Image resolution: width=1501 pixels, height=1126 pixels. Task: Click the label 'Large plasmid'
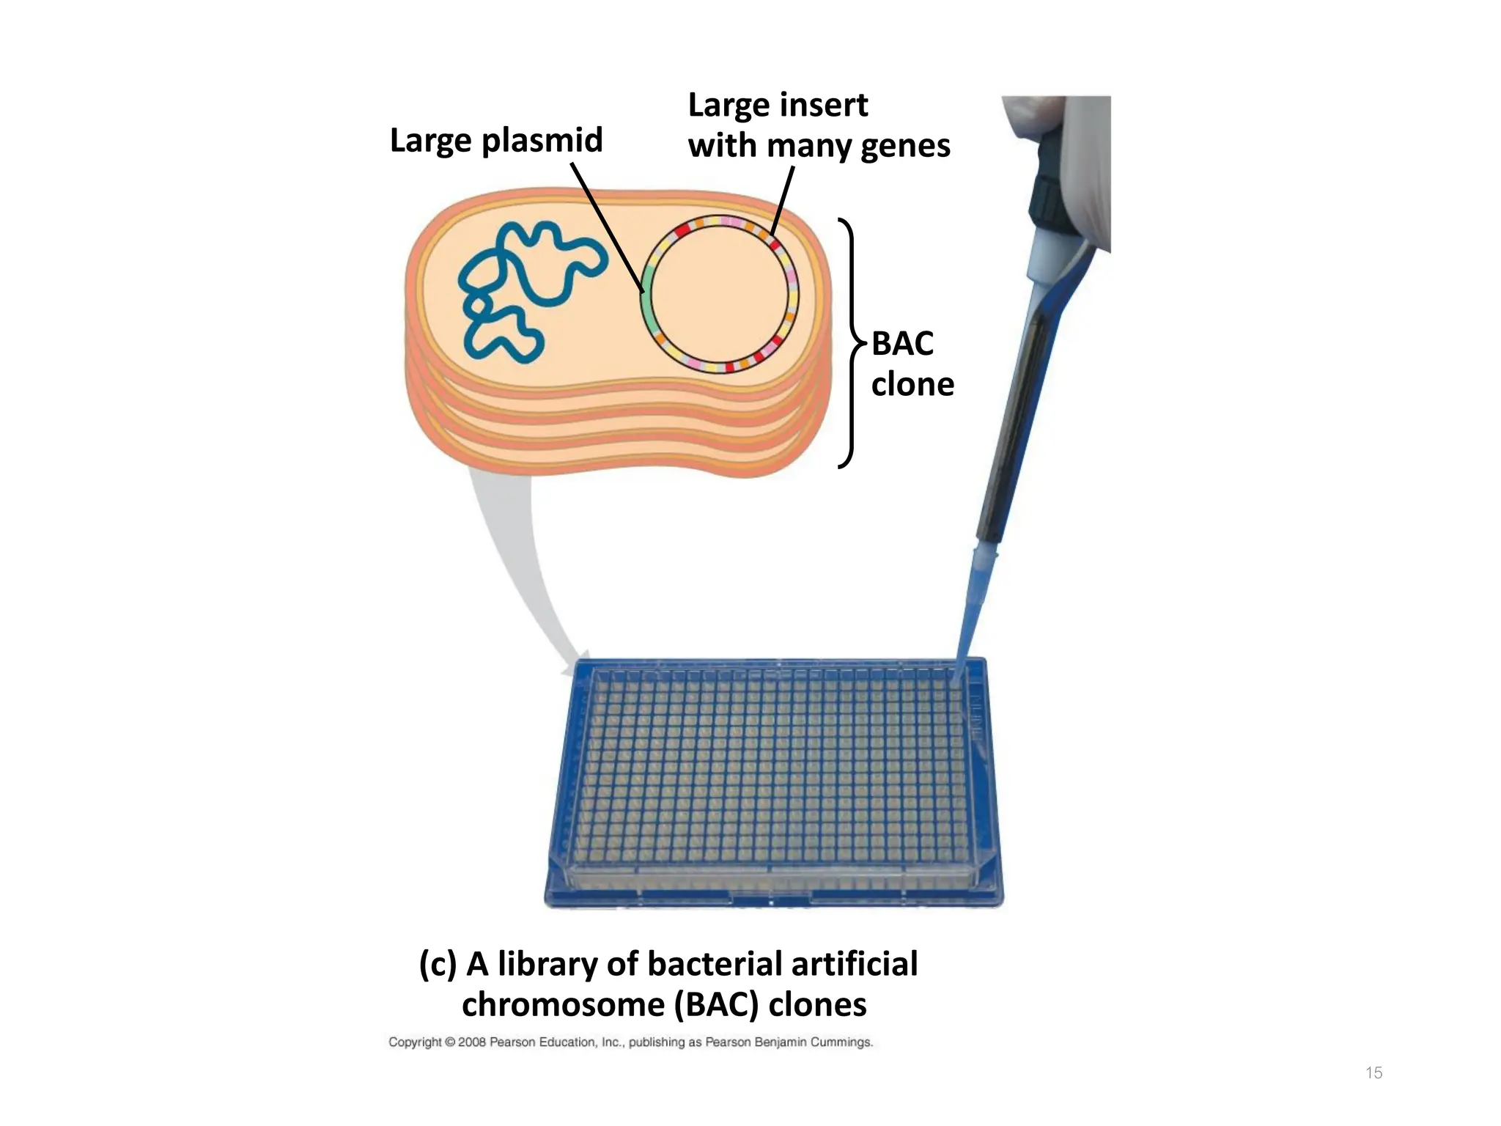(495, 140)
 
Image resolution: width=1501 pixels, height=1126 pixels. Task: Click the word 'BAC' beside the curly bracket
(902, 344)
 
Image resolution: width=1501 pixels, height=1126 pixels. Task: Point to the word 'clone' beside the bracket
(912, 384)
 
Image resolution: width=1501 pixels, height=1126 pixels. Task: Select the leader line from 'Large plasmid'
(607, 227)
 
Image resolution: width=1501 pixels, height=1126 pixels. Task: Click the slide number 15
(1373, 1073)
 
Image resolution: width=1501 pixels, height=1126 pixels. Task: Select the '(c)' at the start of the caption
(438, 964)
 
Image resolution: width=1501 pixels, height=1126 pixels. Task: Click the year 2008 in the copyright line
(471, 1042)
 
